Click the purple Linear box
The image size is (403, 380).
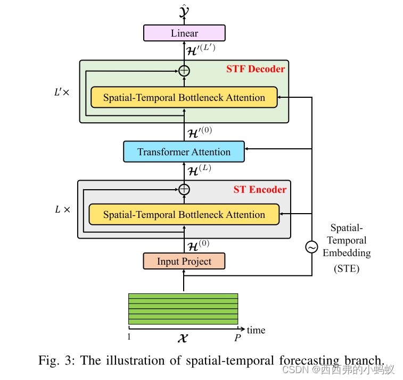point(184,33)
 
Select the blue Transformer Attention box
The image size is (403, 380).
point(184,152)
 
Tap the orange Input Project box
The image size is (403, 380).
point(184,261)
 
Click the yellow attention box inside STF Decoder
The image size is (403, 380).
point(184,98)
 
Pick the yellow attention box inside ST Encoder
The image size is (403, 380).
point(184,215)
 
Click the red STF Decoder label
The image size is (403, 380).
point(256,69)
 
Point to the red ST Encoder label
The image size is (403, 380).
point(260,190)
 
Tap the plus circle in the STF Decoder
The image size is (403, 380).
point(184,70)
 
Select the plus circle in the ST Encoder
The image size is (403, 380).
point(184,189)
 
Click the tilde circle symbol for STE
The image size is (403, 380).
point(311,247)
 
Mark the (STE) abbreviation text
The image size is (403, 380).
point(347,268)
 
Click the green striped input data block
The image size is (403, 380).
point(183,309)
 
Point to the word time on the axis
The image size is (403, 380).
point(256,330)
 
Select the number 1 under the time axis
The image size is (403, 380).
point(129,337)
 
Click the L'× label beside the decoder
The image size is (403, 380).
point(62,91)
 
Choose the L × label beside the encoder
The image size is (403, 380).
point(62,209)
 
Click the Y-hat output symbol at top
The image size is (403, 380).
point(184,10)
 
